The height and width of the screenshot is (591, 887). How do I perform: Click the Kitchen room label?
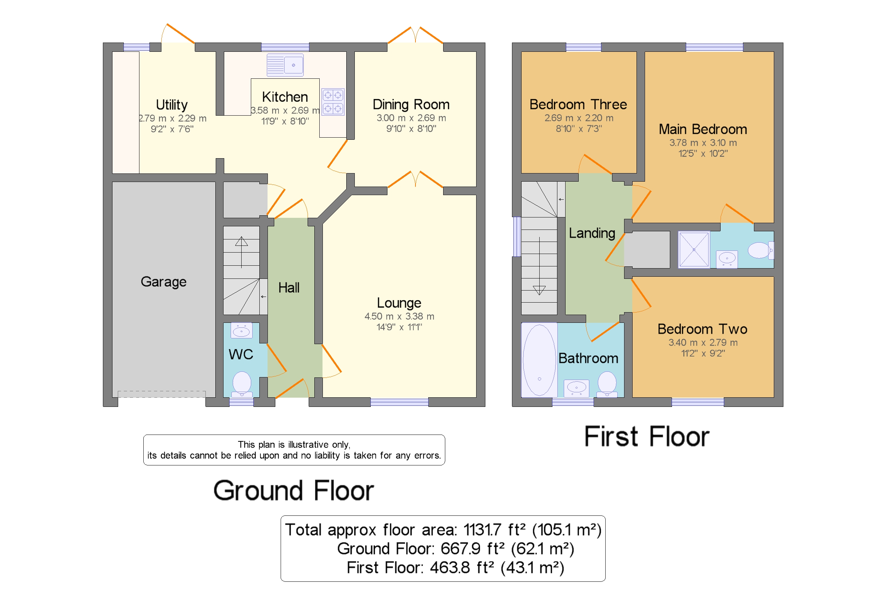point(285,97)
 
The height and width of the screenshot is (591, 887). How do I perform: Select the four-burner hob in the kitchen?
point(332,101)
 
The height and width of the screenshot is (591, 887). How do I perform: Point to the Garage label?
point(163,282)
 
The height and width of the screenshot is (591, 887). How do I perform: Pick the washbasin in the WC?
point(241,331)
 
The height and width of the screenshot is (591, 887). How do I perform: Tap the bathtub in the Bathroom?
point(539,360)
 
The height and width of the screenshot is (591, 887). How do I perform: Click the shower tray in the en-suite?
point(693,250)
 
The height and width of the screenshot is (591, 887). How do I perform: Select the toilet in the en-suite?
point(760,250)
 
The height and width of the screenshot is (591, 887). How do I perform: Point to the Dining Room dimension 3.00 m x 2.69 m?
point(411,118)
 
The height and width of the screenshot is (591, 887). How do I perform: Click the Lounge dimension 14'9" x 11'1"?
point(399,327)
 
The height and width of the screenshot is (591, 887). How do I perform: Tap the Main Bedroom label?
point(702,129)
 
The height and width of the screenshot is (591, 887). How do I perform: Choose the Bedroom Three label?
point(578,104)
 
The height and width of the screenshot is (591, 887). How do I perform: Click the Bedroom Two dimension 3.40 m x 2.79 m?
point(703,343)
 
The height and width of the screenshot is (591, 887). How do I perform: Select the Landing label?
point(592,233)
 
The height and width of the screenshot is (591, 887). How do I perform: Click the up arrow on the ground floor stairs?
point(241,252)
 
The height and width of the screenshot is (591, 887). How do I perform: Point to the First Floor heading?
point(646,436)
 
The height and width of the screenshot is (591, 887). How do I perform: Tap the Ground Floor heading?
point(293,490)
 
